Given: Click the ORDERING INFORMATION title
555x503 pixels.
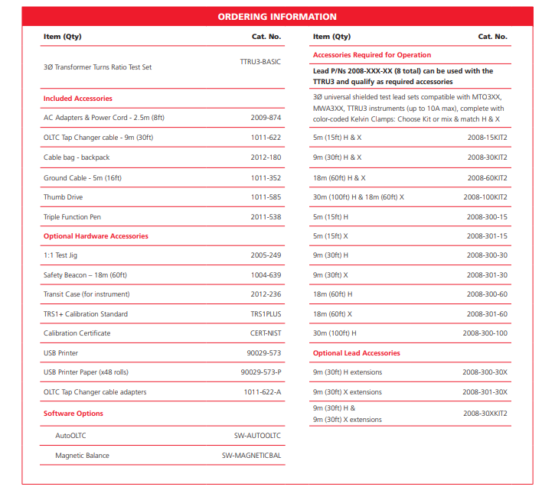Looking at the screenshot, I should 277,17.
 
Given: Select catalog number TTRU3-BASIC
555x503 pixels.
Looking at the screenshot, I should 260,60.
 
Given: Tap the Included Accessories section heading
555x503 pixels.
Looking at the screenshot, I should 78,99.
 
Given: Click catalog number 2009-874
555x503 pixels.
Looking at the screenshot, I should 266,118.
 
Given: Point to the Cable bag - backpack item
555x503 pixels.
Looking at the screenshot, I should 77,157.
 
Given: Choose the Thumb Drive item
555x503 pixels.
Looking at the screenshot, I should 63,197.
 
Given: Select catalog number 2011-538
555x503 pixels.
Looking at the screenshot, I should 266,217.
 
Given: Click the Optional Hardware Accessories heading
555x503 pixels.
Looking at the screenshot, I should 96,236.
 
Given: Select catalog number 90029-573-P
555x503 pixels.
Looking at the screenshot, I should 261,372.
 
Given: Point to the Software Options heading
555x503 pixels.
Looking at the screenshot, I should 73,414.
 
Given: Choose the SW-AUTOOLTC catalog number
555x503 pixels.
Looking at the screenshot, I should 257,436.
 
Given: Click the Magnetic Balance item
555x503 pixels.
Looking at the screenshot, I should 82,456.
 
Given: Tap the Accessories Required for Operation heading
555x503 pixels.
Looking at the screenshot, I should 372,55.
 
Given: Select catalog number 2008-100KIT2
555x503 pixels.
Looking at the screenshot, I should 485,197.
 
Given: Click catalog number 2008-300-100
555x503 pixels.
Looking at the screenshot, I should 485,333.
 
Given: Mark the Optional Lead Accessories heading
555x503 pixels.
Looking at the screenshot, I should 357,353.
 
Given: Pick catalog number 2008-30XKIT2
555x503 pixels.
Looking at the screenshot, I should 485,414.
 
